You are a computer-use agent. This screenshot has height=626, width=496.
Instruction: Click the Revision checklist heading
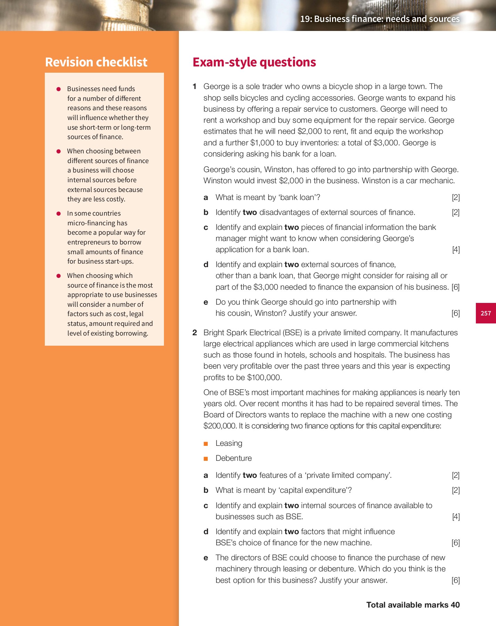[96, 62]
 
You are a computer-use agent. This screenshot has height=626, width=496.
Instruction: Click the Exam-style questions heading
[254, 62]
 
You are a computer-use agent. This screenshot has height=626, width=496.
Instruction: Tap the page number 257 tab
[486, 313]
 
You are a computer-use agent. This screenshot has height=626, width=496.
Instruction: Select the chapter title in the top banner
[380, 19]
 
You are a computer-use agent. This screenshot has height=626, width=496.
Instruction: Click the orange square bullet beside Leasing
[206, 444]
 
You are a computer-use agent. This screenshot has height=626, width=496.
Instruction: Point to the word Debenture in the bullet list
[233, 458]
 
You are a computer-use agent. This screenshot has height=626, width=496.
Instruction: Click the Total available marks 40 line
[413, 605]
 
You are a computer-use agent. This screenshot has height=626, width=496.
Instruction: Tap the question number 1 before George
[195, 87]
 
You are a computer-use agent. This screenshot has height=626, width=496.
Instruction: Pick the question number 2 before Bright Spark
[195, 333]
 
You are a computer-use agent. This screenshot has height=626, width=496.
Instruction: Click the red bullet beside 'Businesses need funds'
[59, 89]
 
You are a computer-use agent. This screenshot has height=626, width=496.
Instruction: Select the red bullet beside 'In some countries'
[59, 214]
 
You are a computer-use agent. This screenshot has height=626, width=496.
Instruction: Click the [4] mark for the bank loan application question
[456, 250]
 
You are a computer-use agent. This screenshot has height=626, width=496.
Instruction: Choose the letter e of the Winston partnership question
[206, 302]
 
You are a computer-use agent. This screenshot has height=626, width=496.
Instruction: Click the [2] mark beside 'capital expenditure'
[456, 490]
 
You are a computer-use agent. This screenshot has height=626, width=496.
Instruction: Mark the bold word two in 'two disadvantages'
[250, 212]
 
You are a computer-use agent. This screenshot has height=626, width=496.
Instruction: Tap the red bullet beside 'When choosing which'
[59, 276]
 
